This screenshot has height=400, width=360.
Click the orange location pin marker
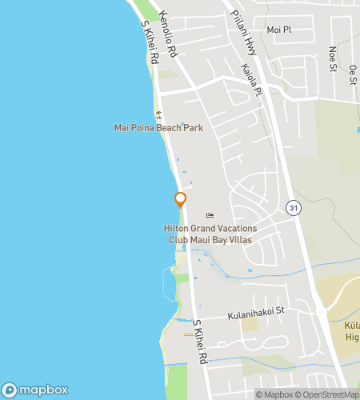pos(180,201)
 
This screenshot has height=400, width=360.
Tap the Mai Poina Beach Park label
pos(158,128)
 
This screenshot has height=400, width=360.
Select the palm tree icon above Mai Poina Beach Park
pos(160,114)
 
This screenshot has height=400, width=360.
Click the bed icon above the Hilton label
pos(210,215)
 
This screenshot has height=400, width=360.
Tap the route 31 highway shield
pos(293,207)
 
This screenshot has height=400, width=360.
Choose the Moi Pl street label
pos(277,29)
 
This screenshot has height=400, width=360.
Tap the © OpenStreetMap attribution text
pos(328,394)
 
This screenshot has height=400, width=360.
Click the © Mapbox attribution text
pos(274,394)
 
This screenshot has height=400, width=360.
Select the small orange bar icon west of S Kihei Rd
pos(188,333)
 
